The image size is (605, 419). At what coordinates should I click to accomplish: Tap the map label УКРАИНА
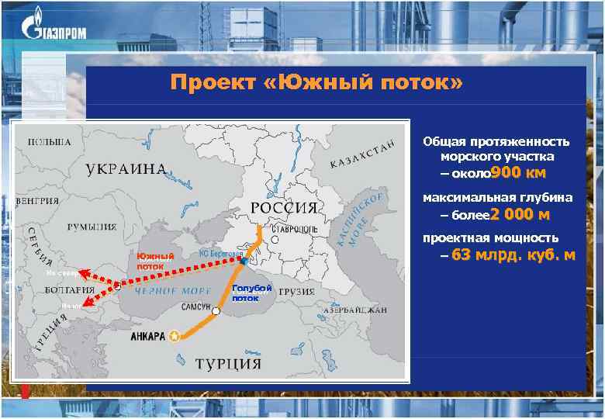click(x=126, y=168)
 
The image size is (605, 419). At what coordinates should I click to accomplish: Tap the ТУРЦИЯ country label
click(x=227, y=363)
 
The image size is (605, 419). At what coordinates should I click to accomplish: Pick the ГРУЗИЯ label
click(x=297, y=292)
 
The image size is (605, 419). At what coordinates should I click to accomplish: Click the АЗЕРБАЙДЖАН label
click(x=357, y=310)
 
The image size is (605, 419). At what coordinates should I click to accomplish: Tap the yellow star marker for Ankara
click(x=174, y=336)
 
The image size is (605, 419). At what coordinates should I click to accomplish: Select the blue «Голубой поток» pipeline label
click(x=251, y=293)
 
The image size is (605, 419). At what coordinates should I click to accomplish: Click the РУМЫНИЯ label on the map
click(x=92, y=227)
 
